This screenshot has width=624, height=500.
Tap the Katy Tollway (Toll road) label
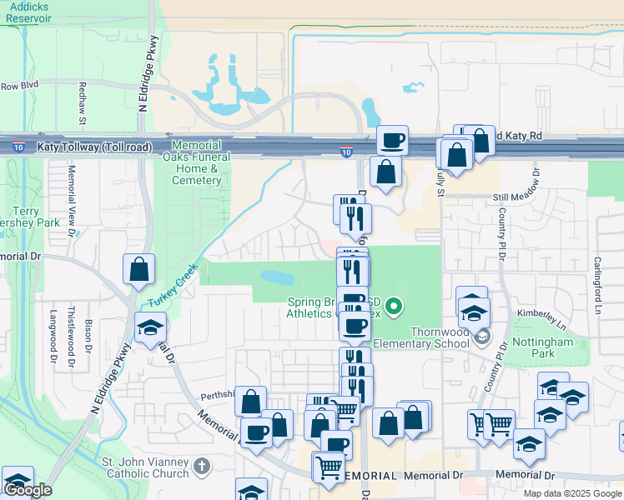94,147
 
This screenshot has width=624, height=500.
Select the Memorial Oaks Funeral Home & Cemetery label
198,162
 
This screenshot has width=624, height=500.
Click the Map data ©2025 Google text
571,493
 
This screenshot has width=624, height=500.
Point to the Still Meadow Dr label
522,197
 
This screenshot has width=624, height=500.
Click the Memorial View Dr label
72,192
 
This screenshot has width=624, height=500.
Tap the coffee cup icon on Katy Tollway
391,139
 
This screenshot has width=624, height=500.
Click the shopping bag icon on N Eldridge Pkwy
138,268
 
